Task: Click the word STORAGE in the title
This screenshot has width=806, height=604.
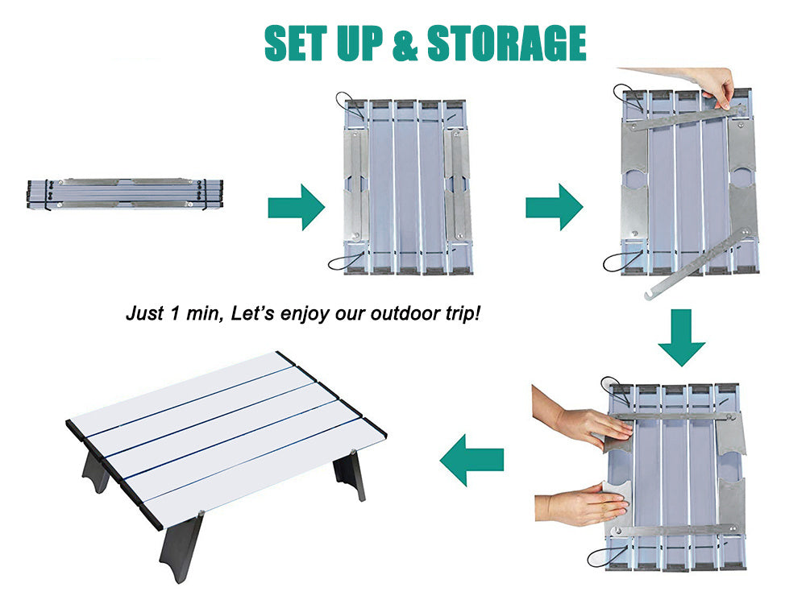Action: tap(506, 43)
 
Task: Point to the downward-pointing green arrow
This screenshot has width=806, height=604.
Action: tap(681, 337)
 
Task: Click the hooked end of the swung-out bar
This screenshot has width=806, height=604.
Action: tap(650, 295)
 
